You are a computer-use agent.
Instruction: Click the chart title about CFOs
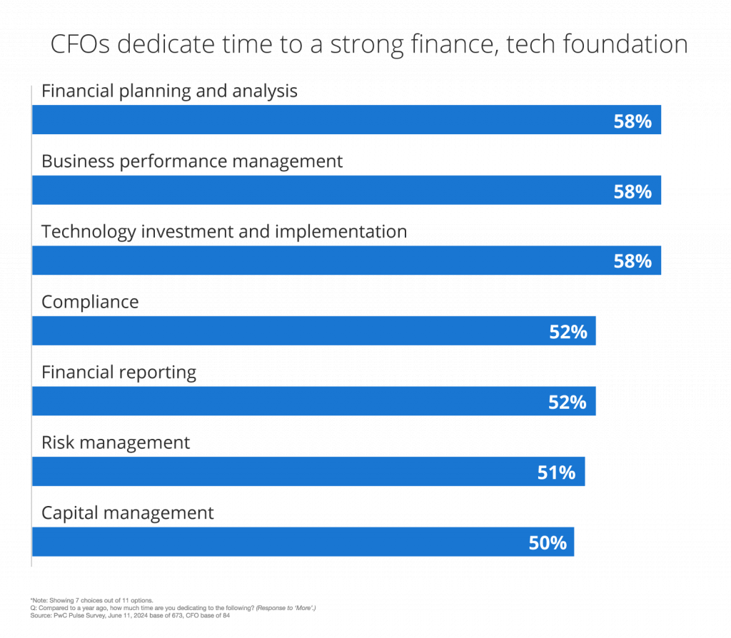[368, 45]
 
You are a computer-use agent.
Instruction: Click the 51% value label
[556, 472]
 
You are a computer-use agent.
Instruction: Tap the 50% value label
[548, 543]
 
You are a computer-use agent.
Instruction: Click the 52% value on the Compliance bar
[568, 332]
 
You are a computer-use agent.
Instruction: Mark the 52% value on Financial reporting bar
[568, 402]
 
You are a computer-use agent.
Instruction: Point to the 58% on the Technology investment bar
[632, 262]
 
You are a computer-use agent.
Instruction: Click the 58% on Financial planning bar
[632, 121]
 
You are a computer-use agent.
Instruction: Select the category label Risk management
[116, 443]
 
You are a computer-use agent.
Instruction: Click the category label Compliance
[90, 302]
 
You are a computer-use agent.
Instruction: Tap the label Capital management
[128, 513]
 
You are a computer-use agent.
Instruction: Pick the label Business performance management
[192, 161]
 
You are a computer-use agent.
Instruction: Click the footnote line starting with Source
[128, 614]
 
